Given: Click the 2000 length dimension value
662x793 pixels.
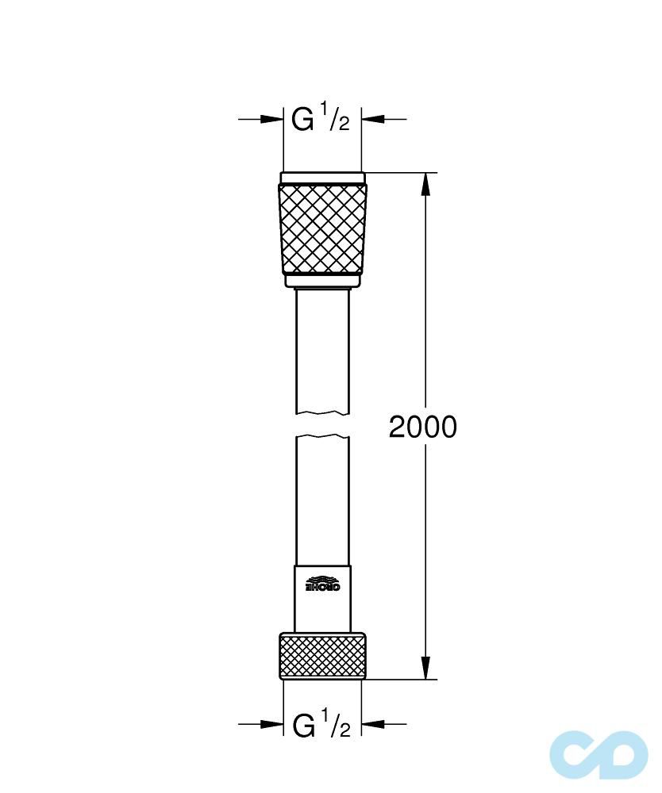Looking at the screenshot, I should click(422, 427).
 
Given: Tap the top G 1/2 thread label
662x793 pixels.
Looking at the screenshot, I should click(321, 120).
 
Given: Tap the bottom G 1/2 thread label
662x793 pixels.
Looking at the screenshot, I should click(321, 724).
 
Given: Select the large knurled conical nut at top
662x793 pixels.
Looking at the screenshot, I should click(322, 228).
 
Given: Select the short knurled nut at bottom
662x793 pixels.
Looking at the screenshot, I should click(322, 655).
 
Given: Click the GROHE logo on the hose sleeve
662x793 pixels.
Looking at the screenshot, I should click(322, 585).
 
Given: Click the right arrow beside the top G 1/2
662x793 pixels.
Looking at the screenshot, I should click(374, 120).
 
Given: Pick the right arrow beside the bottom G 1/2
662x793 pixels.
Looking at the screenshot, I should click(374, 723).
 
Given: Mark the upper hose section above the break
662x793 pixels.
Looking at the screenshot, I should click(322, 349).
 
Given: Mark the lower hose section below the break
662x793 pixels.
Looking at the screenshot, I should click(322, 500).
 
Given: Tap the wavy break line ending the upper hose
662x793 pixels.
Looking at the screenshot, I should click(322, 412).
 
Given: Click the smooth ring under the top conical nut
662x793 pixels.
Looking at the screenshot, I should click(322, 281).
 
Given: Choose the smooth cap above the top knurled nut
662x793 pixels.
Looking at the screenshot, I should click(322, 178).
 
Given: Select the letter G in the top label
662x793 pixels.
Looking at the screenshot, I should click(302, 121).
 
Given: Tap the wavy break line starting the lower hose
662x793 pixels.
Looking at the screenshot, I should click(322, 437).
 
